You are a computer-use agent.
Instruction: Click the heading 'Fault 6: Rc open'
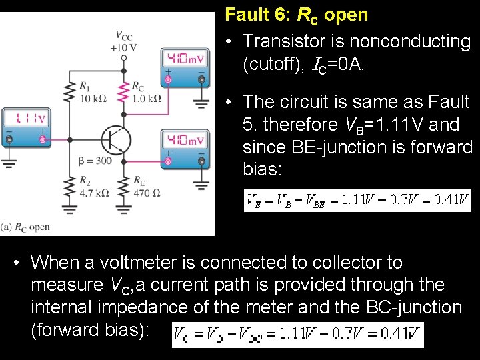point(296,14)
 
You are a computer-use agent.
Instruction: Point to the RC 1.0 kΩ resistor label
point(147,92)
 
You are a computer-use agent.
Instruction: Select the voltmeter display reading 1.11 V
point(26,118)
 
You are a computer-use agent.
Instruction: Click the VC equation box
point(297,335)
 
